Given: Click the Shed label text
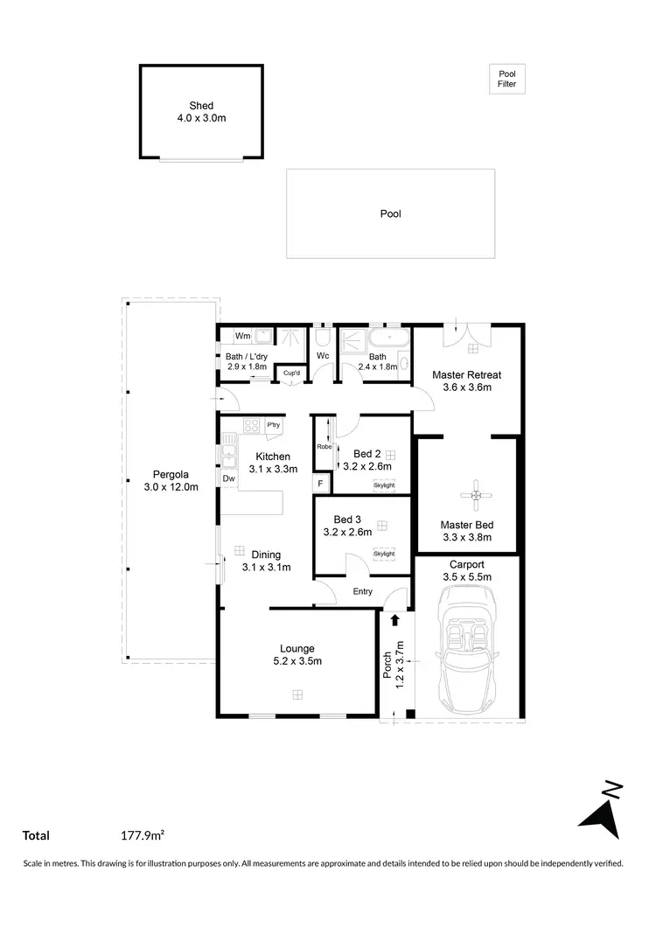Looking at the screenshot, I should pyautogui.click(x=201, y=106).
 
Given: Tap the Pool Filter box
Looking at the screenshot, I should pyautogui.click(x=506, y=80).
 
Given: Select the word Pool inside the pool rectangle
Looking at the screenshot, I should pyautogui.click(x=390, y=213).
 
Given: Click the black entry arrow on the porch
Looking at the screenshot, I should pyautogui.click(x=394, y=620).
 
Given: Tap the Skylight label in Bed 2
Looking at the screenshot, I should pyautogui.click(x=384, y=485).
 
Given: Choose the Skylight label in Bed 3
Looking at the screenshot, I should pyautogui.click(x=384, y=554).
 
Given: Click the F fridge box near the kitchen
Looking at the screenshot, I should pyautogui.click(x=321, y=484).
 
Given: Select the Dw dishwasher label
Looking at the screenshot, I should pyautogui.click(x=228, y=478).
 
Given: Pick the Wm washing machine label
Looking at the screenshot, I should pyautogui.click(x=242, y=336).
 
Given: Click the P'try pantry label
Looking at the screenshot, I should pyautogui.click(x=274, y=426).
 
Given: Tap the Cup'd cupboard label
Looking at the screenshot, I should pyautogui.click(x=290, y=373).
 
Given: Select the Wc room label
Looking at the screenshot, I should pyautogui.click(x=322, y=356).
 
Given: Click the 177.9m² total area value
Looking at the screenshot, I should pyautogui.click(x=143, y=836).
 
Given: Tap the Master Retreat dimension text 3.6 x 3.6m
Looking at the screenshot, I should pyautogui.click(x=466, y=387).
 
